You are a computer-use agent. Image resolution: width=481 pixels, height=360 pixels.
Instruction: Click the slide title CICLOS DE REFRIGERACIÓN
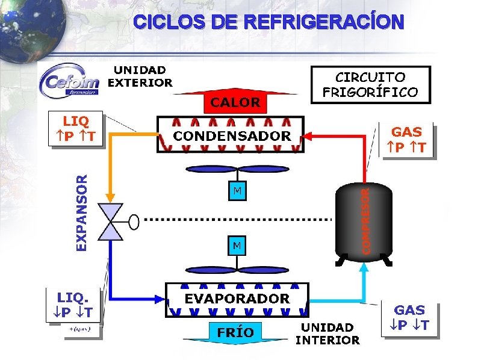pos(268,22)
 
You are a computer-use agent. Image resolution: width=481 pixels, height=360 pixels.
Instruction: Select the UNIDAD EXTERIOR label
pos(140,77)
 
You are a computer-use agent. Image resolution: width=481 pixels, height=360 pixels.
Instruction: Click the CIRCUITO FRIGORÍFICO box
pos(370,84)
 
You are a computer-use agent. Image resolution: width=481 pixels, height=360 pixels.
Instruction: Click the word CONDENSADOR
pos(232,135)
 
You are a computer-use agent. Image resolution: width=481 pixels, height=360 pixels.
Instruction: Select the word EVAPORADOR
pos(237,298)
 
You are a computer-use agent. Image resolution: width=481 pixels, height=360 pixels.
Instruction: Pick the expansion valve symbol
pos(110,222)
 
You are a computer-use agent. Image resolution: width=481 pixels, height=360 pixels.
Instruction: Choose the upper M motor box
pos(237,191)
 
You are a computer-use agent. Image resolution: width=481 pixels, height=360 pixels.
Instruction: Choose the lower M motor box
pos(237,246)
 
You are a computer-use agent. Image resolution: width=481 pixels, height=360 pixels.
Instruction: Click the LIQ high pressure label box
pos(75,129)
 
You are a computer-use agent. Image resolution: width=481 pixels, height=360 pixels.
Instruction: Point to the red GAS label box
pos(407,139)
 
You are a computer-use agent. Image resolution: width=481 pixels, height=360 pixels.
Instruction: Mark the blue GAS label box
pos(409,318)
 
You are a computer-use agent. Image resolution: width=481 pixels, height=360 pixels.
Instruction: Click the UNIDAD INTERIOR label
pos(327,334)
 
